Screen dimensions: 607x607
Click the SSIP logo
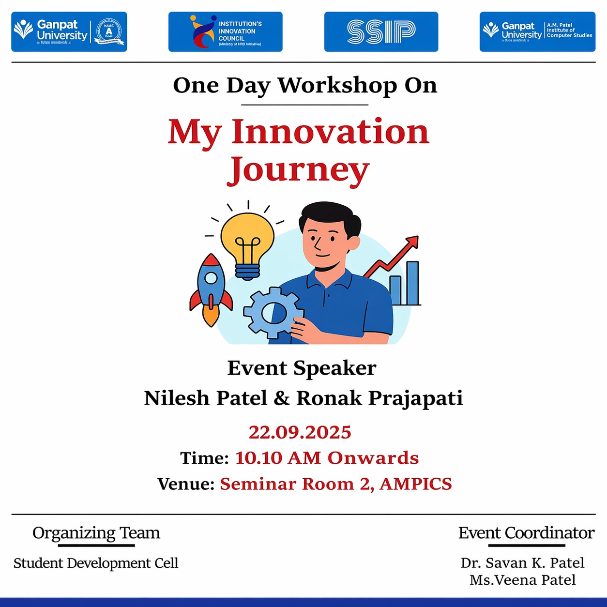(381, 32)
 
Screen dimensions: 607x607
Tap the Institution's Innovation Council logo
(225, 32)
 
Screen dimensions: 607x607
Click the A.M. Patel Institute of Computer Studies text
(569, 30)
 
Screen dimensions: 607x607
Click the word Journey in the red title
(299, 170)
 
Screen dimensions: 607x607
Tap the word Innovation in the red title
(330, 132)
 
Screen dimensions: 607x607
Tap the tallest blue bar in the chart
(412, 283)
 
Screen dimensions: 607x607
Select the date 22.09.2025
(300, 432)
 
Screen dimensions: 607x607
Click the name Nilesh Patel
(205, 398)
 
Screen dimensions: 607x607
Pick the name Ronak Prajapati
(379, 398)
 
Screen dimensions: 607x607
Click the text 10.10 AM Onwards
(327, 458)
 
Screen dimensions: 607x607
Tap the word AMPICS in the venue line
(416, 484)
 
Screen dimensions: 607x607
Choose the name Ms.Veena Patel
(522, 580)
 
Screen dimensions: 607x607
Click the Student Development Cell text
(96, 563)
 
